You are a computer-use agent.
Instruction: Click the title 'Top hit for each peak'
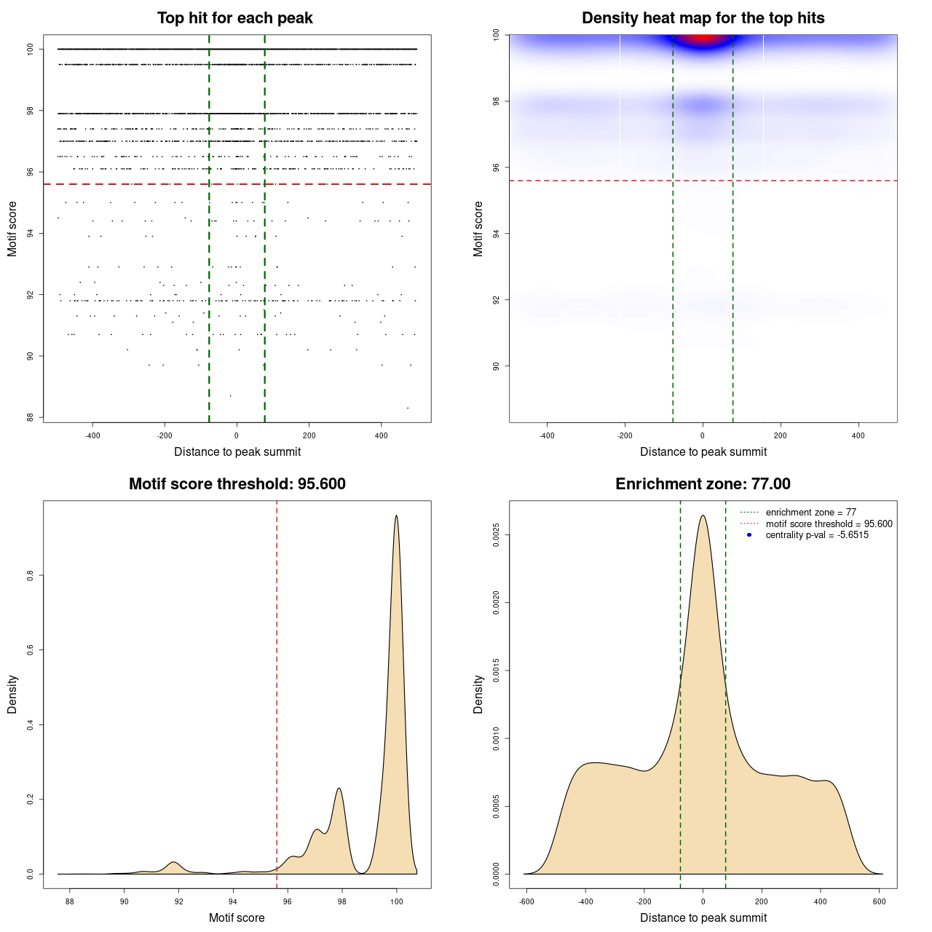click(234, 18)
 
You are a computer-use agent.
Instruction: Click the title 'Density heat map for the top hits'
click(703, 18)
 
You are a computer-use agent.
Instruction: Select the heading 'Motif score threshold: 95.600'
click(237, 484)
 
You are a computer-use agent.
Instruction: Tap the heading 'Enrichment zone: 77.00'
click(703, 484)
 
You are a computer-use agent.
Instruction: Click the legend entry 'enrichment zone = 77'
click(810, 513)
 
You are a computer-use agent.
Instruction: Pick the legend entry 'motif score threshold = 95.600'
click(829, 524)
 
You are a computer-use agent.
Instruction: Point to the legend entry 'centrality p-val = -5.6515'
click(816, 535)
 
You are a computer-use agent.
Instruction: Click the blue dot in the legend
click(749, 535)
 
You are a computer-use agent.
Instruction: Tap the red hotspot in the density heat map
click(702, 39)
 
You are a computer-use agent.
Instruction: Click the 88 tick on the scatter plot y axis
click(31, 417)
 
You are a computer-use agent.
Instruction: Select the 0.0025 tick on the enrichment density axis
click(496, 535)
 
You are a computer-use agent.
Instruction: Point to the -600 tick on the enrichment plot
click(526, 902)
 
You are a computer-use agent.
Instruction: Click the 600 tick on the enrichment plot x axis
click(880, 902)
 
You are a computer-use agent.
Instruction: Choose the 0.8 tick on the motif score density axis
click(31, 575)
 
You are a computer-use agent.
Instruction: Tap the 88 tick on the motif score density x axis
click(70, 902)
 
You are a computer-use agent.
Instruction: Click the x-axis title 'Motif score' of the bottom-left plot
click(237, 917)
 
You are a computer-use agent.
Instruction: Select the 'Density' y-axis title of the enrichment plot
click(478, 694)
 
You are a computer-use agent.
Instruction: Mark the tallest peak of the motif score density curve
click(396, 516)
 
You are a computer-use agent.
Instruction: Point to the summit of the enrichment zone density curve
click(703, 516)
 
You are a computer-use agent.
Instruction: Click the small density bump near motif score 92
click(173, 863)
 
